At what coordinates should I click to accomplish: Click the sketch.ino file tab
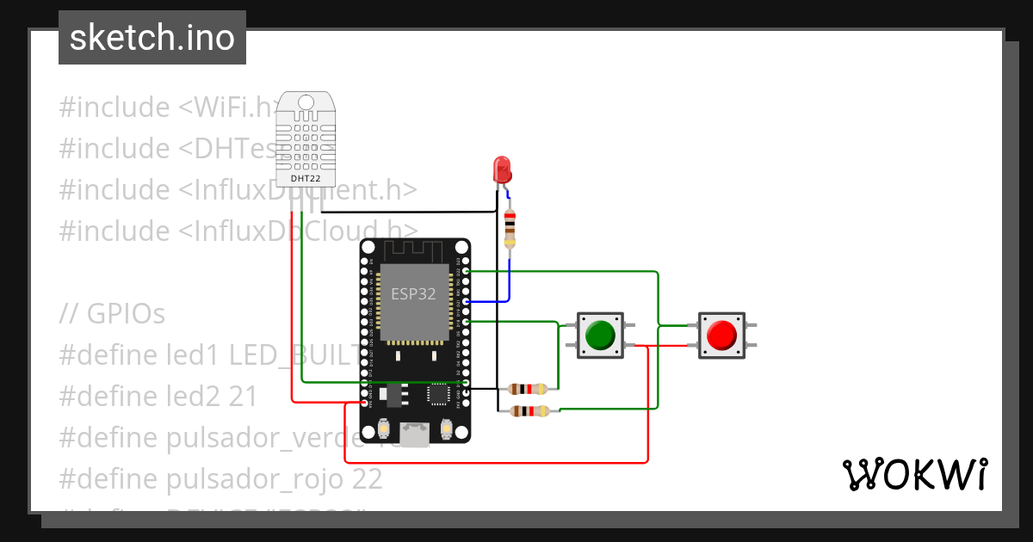[152, 38]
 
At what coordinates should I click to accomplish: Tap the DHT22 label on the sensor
[306, 179]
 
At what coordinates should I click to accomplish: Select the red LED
[502, 169]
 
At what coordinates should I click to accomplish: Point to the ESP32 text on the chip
[413, 293]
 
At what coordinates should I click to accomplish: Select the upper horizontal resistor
[528, 389]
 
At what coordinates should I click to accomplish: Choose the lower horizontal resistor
[528, 411]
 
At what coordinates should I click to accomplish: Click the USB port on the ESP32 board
[416, 434]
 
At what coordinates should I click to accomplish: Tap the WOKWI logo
[914, 474]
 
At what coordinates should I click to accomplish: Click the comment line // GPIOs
[112, 314]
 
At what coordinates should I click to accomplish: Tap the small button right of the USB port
[446, 428]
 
